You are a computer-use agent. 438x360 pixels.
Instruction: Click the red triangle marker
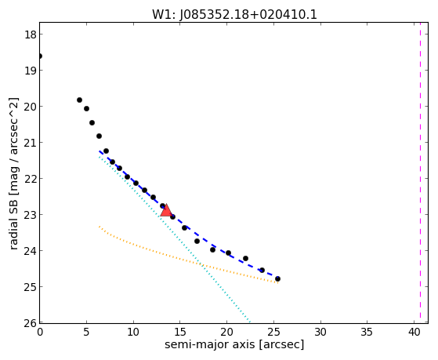pyautogui.click(x=166, y=211)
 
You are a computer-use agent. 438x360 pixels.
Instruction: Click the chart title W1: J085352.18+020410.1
pyautogui.click(x=234, y=14)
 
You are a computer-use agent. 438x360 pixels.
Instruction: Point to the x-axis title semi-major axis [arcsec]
pyautogui.click(x=234, y=344)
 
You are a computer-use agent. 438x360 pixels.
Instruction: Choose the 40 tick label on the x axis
pyautogui.click(x=414, y=332)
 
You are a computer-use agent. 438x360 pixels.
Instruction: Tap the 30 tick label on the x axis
pyautogui.click(x=320, y=332)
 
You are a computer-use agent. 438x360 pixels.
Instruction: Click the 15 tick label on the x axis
pyautogui.click(x=180, y=332)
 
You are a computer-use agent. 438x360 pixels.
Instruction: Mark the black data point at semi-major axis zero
pyautogui.click(x=40, y=56)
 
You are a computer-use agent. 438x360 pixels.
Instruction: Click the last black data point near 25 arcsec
pyautogui.click(x=277, y=279)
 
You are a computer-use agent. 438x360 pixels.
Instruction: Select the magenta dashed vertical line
pyautogui.click(x=420, y=173)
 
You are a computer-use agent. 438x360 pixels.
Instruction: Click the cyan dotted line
pyautogui.click(x=174, y=239)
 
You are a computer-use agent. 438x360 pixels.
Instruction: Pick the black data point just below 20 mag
pyautogui.click(x=87, y=108)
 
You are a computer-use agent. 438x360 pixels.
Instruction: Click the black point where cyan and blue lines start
pyautogui.click(x=106, y=151)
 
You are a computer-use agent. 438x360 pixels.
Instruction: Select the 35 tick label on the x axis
pyautogui.click(x=367, y=332)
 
